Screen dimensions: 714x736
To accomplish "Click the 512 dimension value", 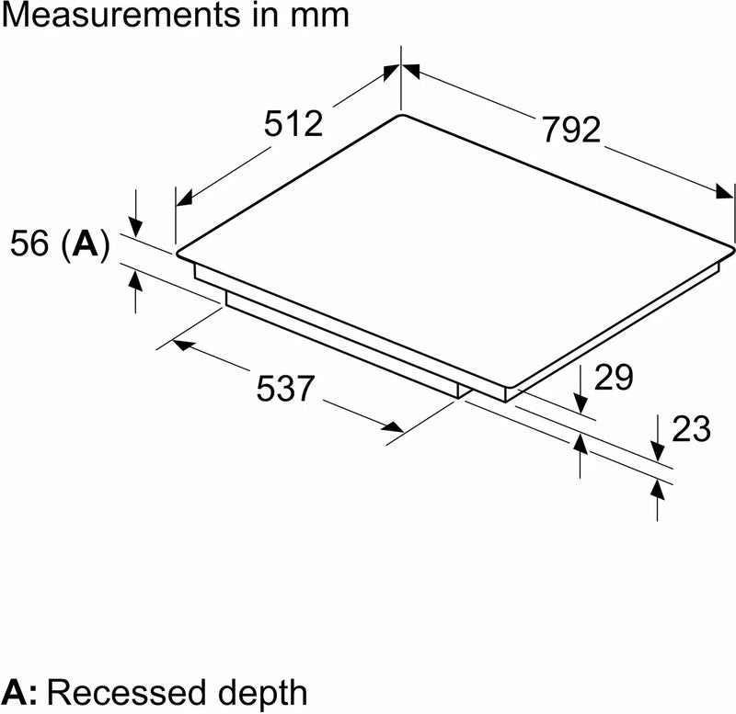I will [x=294, y=124].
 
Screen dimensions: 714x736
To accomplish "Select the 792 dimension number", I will [x=570, y=130].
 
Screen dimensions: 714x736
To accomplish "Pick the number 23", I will [x=692, y=428].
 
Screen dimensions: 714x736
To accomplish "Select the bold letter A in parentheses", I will [x=85, y=244].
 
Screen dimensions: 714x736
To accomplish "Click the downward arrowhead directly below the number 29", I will [x=581, y=402].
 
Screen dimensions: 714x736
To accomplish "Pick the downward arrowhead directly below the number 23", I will [x=659, y=450].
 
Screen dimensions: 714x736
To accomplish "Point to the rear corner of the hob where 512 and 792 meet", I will [x=401, y=115].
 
